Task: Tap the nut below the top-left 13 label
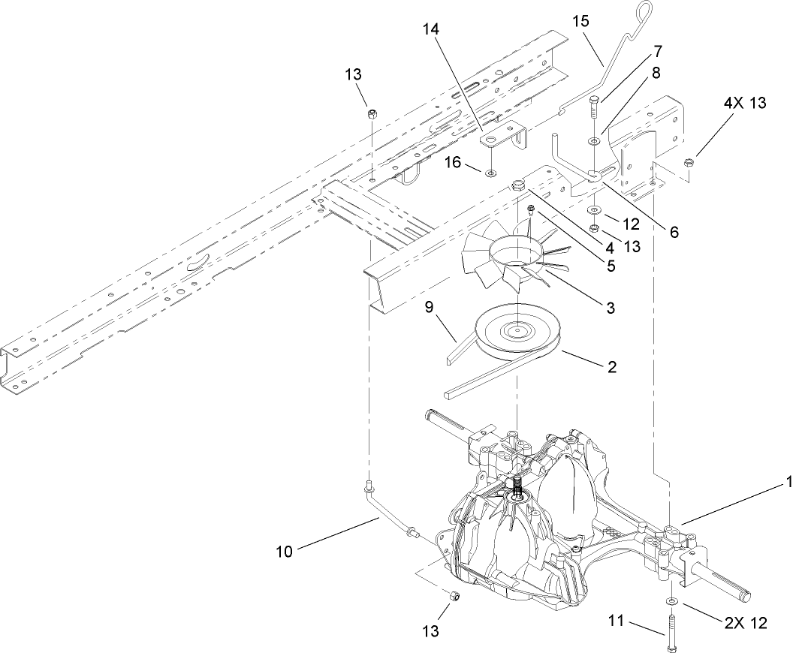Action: (372, 114)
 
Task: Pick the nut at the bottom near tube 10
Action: (454, 595)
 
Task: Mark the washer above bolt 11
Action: (670, 601)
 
